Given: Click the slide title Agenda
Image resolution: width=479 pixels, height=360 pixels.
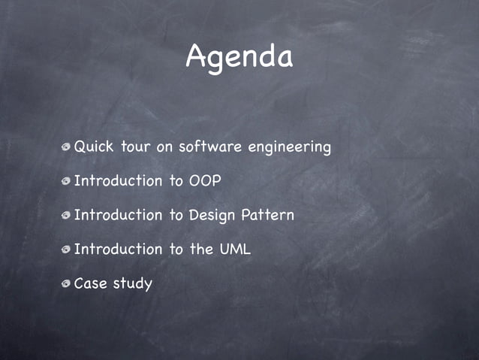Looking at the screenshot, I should [x=239, y=57].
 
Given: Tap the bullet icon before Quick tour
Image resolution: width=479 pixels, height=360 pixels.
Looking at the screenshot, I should [x=67, y=147].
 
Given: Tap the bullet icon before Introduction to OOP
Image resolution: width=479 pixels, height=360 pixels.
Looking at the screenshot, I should [x=67, y=182].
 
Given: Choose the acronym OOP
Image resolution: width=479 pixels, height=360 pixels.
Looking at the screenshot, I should [x=205, y=181].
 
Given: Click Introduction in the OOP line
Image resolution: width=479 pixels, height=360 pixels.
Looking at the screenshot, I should [x=118, y=181].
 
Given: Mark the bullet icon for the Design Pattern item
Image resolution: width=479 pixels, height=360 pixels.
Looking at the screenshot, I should [x=67, y=216].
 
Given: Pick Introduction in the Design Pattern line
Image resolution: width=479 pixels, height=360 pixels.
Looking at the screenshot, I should [x=118, y=215].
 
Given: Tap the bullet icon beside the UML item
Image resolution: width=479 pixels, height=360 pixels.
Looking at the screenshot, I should [x=67, y=250].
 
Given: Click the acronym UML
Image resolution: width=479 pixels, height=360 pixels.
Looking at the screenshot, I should [x=235, y=249].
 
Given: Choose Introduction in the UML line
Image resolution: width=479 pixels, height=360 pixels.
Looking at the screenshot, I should [x=118, y=249].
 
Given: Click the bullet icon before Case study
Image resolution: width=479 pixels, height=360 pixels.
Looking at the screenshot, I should [x=67, y=284].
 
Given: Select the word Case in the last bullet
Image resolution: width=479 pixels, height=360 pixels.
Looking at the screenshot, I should [x=90, y=283].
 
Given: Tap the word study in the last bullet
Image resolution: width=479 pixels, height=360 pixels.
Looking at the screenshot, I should [x=132, y=284].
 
